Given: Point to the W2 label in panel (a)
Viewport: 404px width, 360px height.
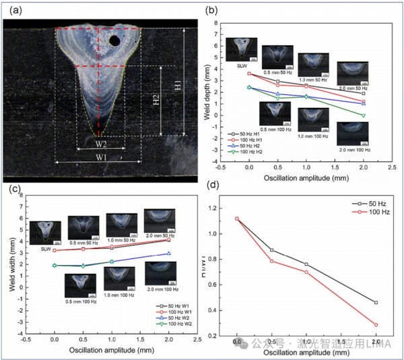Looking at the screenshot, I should coord(100,143).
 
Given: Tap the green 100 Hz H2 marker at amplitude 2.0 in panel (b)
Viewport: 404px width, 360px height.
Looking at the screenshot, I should coord(364,116).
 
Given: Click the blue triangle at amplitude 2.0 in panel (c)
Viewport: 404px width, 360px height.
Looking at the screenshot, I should coord(168,253).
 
